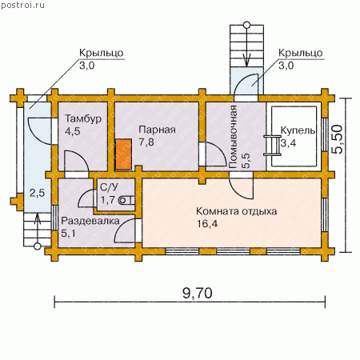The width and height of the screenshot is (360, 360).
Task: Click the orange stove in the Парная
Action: [x=123, y=154]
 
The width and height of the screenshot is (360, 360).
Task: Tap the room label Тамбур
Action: [x=83, y=118]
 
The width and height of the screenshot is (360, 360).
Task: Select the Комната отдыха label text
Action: [x=236, y=211]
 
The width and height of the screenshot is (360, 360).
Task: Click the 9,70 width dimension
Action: [x=198, y=294]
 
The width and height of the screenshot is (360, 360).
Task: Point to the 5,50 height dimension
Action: [x=338, y=139]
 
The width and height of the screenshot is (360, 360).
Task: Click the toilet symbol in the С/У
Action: [x=126, y=200]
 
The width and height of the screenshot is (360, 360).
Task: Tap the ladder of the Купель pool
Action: [x=272, y=145]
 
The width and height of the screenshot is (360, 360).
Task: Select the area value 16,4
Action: [x=207, y=223]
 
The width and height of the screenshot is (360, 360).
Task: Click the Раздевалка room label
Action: [x=90, y=221]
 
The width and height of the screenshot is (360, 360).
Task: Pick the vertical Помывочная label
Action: [x=233, y=137]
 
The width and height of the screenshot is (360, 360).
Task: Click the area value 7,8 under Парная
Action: [x=146, y=142]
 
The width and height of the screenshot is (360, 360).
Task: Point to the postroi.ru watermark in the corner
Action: [x=22, y=6]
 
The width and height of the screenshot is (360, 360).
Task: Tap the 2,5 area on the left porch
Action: [x=37, y=193]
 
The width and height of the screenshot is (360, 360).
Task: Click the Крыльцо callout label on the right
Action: [x=301, y=53]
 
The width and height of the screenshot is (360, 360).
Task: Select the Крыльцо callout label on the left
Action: [x=102, y=53]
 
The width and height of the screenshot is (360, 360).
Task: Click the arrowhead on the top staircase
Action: [x=247, y=61]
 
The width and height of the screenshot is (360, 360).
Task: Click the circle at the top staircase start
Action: [x=247, y=26]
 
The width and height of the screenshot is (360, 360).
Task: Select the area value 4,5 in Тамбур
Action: [x=73, y=131]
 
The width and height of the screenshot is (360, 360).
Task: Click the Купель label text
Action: [x=298, y=130]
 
